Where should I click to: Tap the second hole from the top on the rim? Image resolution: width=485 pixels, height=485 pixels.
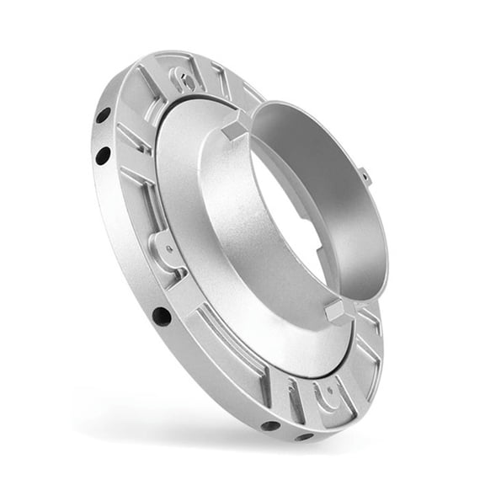click(103, 155)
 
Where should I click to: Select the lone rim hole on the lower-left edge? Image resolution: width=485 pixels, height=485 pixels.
click(161, 317)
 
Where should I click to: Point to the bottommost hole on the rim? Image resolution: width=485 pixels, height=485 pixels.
click(304, 435)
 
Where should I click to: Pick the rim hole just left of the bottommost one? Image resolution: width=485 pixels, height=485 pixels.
click(270, 425)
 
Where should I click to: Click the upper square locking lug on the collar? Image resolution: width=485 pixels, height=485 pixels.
click(234, 129)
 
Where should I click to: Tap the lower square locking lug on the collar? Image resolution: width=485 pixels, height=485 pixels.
click(335, 311)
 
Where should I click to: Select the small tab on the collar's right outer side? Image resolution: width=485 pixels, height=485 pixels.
click(363, 177)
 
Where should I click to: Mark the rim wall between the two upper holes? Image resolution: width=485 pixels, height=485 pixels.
click(100, 136)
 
